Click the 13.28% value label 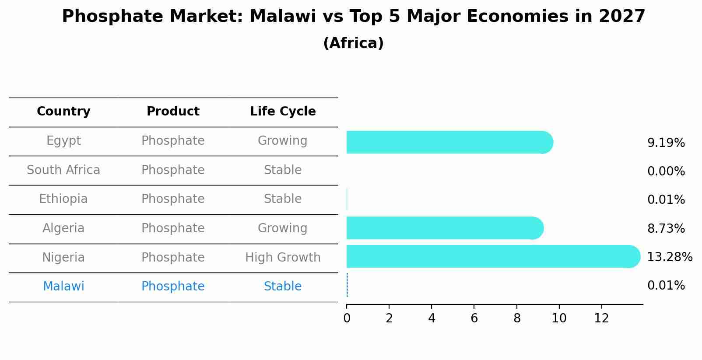(669, 257)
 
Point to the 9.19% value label (666, 143)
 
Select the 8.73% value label (666, 228)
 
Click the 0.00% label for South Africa (666, 171)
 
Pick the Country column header (63, 112)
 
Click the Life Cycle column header (283, 112)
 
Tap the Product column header (173, 112)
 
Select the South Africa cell (63, 170)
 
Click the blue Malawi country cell (63, 287)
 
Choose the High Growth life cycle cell (283, 257)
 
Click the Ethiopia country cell (63, 199)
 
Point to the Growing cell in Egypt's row (282, 141)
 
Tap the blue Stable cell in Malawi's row (282, 287)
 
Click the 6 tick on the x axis (474, 318)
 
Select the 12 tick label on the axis (601, 318)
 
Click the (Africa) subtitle (353, 43)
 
